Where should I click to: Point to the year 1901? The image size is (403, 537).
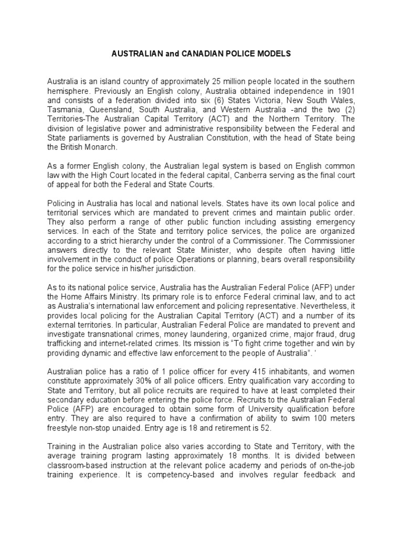[x=346, y=91]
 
